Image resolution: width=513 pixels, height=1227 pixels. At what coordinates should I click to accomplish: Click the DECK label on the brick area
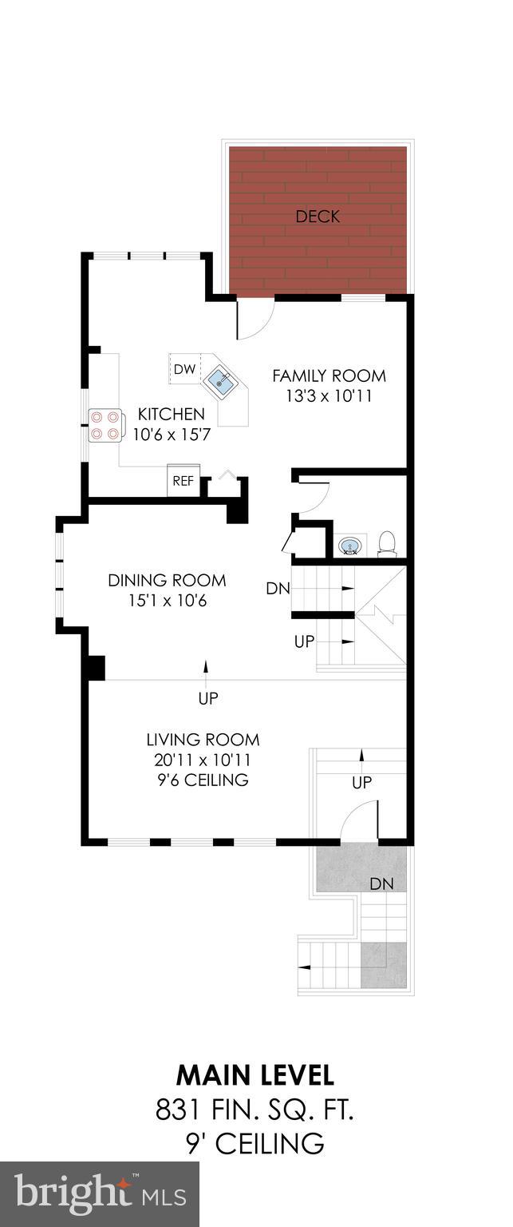(x=318, y=216)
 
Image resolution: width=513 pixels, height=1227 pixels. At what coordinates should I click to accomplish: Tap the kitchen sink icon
(x=222, y=382)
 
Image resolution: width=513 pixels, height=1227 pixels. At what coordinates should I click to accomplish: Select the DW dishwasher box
(x=184, y=369)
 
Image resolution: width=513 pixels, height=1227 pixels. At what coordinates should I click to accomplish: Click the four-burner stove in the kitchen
(x=105, y=425)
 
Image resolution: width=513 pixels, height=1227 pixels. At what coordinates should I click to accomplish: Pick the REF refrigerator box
(x=183, y=481)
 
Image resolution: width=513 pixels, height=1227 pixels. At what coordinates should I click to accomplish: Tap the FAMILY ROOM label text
(x=329, y=375)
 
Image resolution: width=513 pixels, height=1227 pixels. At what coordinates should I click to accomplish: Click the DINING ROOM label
(x=167, y=580)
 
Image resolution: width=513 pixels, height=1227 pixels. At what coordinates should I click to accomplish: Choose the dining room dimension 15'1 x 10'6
(x=167, y=600)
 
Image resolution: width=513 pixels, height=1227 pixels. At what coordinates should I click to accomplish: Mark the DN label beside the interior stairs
(x=278, y=589)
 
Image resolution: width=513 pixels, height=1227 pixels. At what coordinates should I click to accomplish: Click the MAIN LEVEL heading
(x=255, y=1074)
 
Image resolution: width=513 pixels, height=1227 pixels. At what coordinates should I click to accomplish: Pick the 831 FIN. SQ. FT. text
(x=255, y=1109)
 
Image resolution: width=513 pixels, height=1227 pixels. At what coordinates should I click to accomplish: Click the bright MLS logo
(x=100, y=1195)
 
